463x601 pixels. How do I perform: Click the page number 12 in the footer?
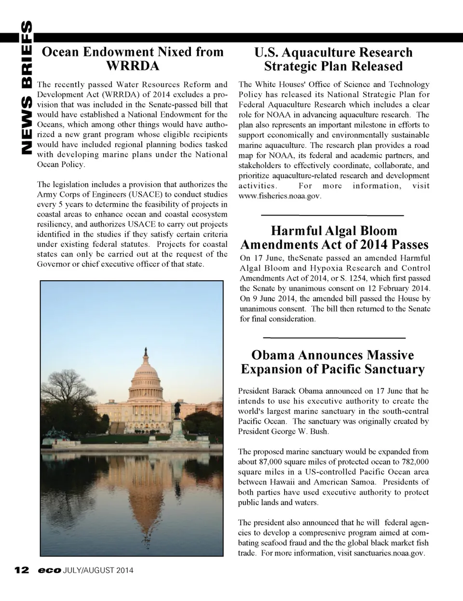(22, 570)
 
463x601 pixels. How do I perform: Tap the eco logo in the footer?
(50, 571)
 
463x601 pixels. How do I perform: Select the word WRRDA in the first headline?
(133, 66)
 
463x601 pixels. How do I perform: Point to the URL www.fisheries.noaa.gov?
(280, 196)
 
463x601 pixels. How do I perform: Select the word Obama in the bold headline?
(273, 355)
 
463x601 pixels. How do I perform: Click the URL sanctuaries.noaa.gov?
(389, 553)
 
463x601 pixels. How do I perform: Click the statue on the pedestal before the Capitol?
(177, 409)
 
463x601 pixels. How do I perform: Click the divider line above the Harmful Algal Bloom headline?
(332, 215)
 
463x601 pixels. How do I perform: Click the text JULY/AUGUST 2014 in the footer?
(98, 571)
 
